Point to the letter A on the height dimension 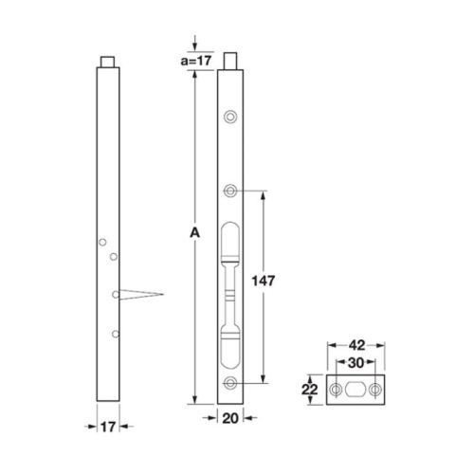pyautogui.click(x=194, y=233)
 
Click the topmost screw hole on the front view pyautogui.click(x=230, y=117)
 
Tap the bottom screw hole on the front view pyautogui.click(x=230, y=382)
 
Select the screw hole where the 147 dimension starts pyautogui.click(x=230, y=191)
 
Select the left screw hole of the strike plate pyautogui.click(x=335, y=390)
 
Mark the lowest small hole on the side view pyautogui.click(x=114, y=333)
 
